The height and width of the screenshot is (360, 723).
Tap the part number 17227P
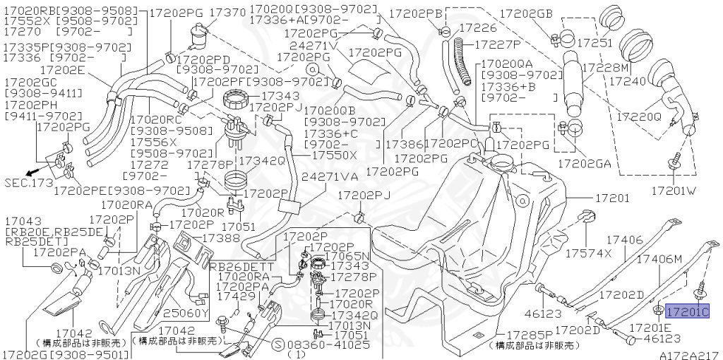tap(502, 44)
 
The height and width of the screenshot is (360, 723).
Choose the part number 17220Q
tap(638, 115)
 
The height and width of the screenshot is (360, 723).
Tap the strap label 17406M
tap(662, 260)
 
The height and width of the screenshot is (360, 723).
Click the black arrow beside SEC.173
tap(30, 172)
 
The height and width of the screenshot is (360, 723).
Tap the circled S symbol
tap(277, 345)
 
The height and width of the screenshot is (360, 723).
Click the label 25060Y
tap(186, 313)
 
